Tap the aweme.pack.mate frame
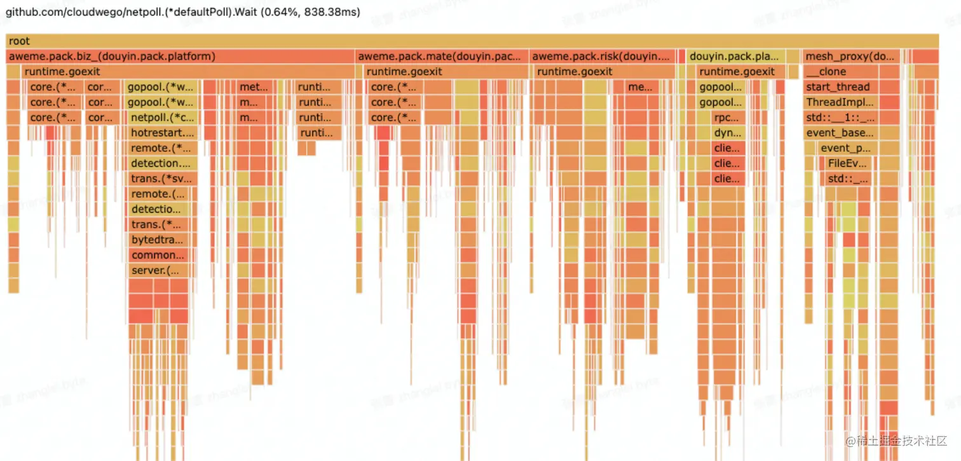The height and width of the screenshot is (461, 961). point(442,57)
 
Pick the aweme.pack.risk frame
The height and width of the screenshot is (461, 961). point(603,57)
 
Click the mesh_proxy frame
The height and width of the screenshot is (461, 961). point(850,57)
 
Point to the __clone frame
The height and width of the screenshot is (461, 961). point(850,72)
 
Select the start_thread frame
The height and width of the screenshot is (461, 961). point(850,87)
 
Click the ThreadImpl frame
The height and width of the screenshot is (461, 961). point(850,102)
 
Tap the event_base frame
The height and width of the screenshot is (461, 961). point(850,133)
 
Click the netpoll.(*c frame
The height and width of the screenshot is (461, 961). point(163,118)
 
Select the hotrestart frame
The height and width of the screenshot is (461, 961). point(162,133)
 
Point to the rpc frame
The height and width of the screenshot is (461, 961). point(727,118)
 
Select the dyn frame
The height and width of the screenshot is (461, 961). point(727,133)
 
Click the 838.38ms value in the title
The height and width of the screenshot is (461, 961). point(332,12)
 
